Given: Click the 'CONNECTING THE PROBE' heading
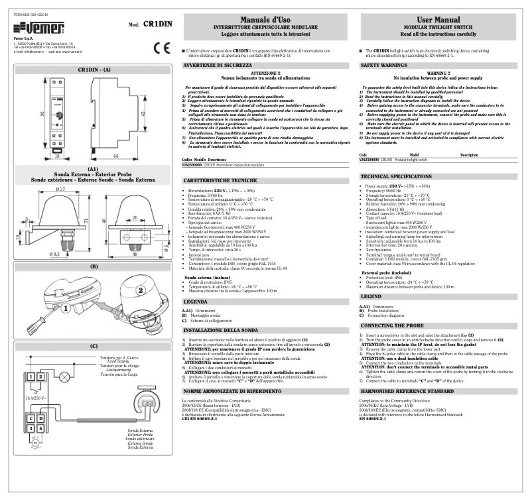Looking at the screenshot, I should point(393,327).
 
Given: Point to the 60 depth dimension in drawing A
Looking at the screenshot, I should point(115,156).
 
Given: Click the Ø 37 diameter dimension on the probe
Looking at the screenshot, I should point(60,190).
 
